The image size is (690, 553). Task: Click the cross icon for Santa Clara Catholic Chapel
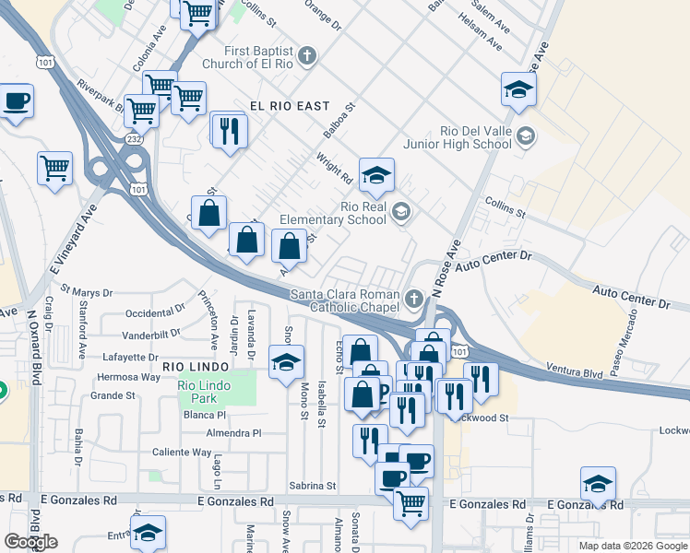pos(414,299)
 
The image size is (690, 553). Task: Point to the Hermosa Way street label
pos(128,377)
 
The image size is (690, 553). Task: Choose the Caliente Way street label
pos(182,453)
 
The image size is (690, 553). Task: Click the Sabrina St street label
pos(311,485)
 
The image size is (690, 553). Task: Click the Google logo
pos(30,542)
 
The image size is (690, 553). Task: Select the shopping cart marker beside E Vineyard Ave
pos(54,169)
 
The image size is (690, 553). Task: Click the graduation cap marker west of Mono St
pos(287,360)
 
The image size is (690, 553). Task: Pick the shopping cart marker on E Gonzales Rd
pos(410,502)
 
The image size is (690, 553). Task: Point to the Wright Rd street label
pos(334,167)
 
